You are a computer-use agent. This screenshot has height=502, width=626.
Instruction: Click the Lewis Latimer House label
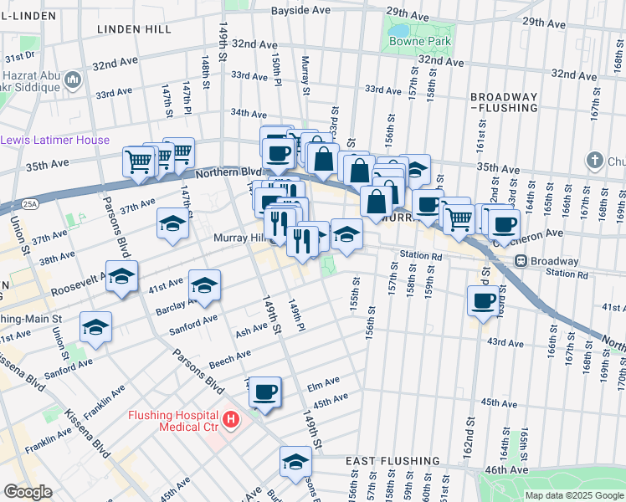tap(55, 140)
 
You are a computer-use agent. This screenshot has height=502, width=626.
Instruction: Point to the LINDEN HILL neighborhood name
tap(128, 28)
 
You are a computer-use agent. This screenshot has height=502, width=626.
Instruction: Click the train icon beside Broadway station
tap(519, 261)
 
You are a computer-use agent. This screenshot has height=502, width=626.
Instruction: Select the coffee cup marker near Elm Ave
tap(265, 392)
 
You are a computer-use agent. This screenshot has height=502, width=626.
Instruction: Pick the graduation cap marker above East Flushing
tap(295, 461)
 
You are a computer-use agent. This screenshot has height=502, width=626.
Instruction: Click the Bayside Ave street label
tap(301, 11)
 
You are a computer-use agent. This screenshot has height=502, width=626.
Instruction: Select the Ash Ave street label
tap(252, 331)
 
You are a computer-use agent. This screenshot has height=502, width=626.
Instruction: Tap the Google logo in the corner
tap(28, 492)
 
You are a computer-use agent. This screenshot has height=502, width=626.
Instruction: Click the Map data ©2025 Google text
tap(573, 495)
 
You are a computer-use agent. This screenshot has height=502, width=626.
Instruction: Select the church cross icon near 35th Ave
tap(594, 159)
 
